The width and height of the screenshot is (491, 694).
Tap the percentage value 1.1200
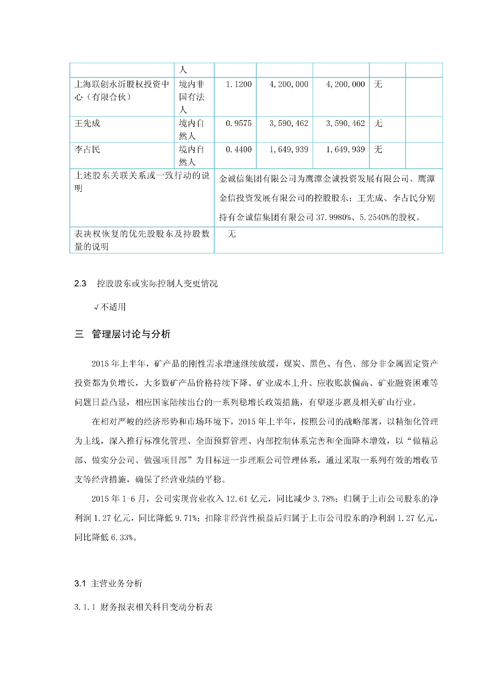239,84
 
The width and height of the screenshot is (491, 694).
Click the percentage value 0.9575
239,123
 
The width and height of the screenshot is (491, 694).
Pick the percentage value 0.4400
239,149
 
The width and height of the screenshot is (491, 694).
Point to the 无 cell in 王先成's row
378,123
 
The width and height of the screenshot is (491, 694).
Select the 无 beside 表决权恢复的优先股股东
232,234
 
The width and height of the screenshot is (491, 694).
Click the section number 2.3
80,283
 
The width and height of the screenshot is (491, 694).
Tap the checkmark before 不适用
96,308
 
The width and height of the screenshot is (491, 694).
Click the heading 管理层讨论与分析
131,334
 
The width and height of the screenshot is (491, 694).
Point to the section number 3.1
80,583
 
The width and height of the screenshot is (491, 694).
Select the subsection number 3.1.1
85,607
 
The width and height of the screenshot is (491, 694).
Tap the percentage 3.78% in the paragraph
323,499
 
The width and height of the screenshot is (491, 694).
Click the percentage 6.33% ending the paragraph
122,537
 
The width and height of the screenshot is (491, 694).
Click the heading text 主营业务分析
116,583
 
